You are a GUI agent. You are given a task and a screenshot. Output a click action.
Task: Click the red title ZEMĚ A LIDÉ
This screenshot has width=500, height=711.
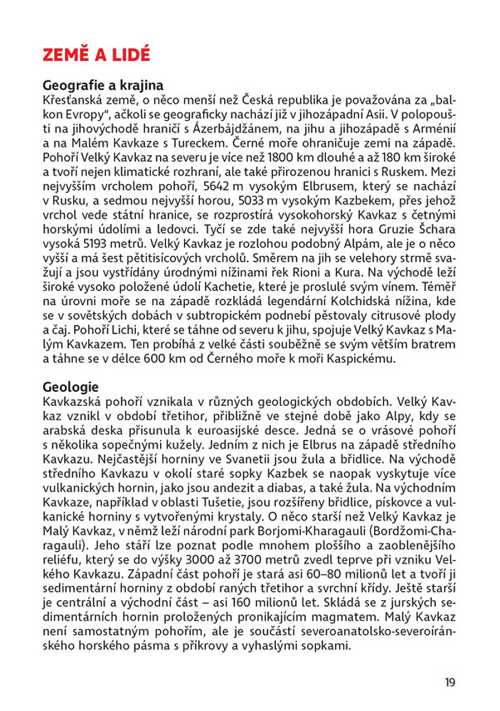[96, 55]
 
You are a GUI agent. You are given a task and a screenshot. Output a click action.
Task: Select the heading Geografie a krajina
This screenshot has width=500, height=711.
[103, 85]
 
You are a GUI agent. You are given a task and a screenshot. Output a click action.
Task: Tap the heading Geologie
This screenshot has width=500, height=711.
[70, 387]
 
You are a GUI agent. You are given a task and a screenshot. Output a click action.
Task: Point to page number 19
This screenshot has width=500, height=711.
[450, 683]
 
